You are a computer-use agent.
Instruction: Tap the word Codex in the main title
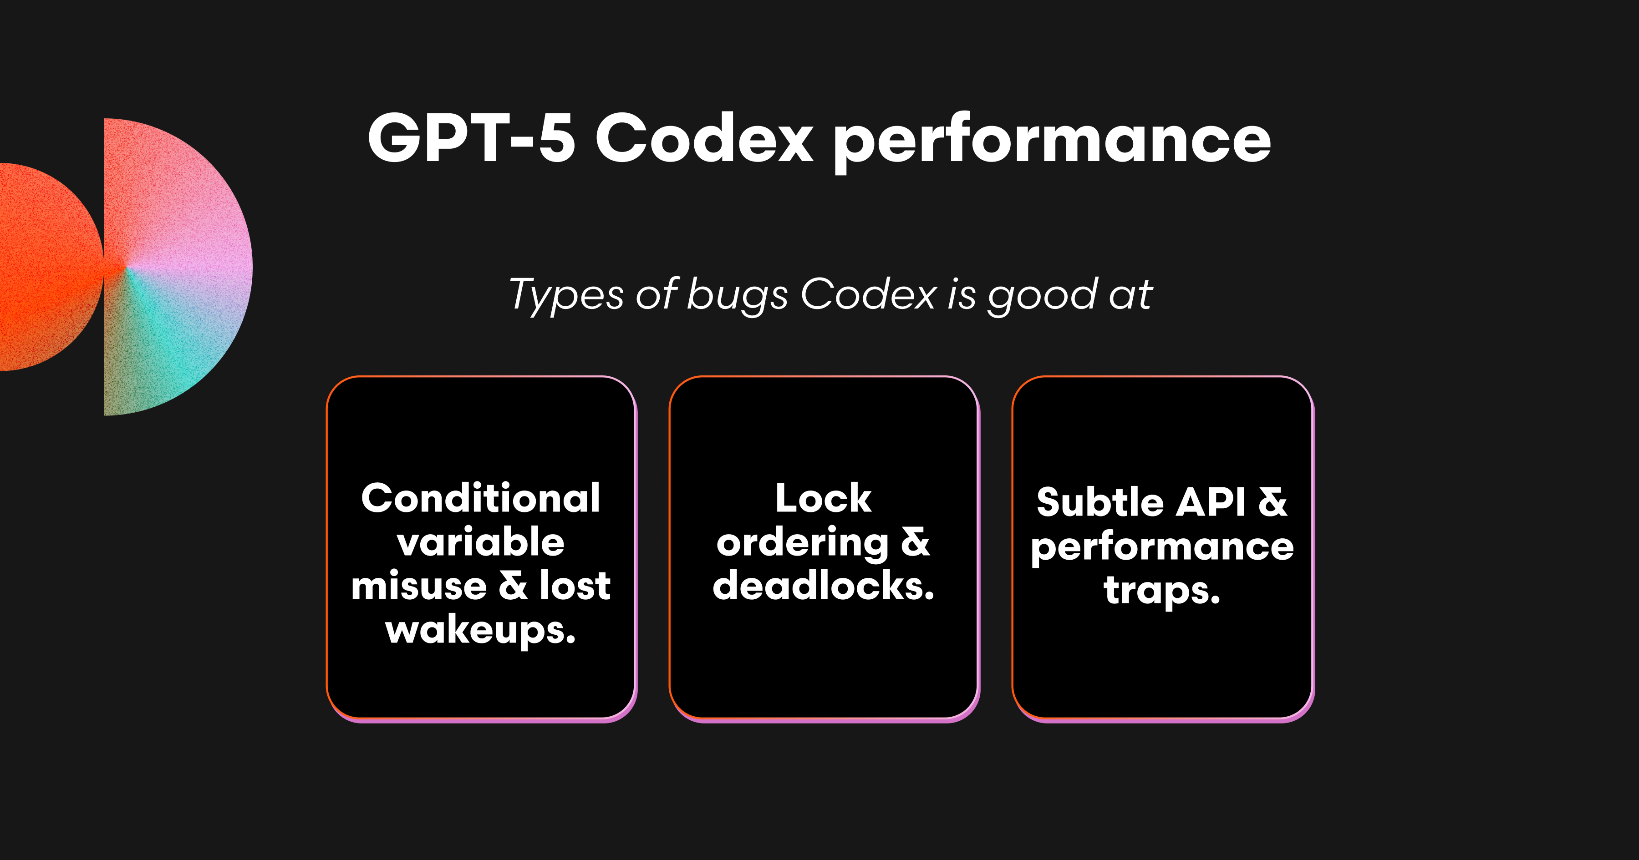coord(704,138)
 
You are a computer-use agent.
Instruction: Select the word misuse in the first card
coord(419,585)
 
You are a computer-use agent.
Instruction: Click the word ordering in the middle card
coord(802,542)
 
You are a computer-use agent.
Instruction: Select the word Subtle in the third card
coord(1100,502)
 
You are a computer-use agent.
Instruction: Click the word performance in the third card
coord(1162,547)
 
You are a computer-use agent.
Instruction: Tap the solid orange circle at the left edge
coord(45,267)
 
